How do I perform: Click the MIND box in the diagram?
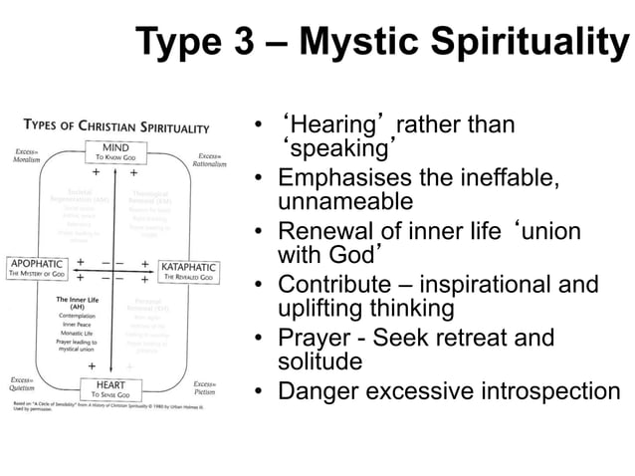117,151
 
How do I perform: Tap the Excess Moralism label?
27,156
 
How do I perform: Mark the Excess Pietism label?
206,388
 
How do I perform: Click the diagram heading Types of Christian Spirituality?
116,127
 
